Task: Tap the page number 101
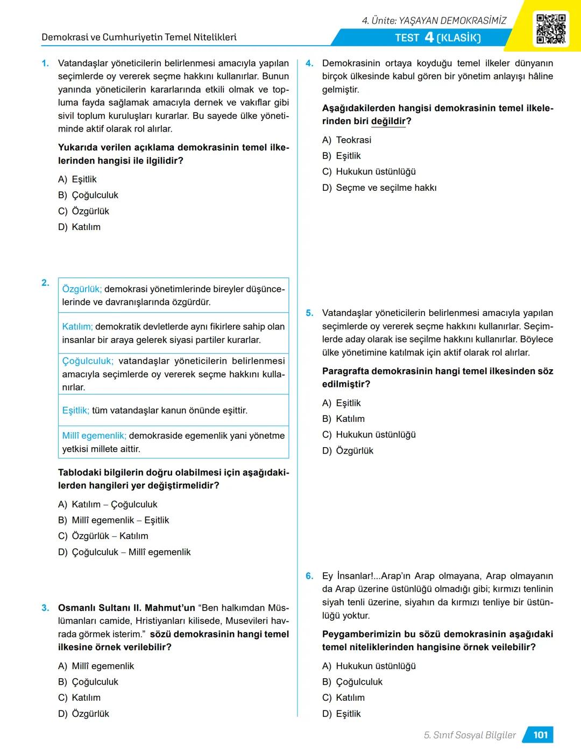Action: [x=540, y=735]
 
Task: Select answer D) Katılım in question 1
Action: [x=79, y=227]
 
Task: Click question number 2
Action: [x=45, y=283]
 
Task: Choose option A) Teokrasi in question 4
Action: [x=346, y=140]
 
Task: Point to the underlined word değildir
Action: [x=388, y=121]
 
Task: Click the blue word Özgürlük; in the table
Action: [x=82, y=289]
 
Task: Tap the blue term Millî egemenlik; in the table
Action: [x=94, y=436]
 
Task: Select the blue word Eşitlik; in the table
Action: [x=76, y=411]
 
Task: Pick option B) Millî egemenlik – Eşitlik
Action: [x=114, y=520]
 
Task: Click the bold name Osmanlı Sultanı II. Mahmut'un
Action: [x=126, y=608]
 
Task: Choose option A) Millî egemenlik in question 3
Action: [x=96, y=666]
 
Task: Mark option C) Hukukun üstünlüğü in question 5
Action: [x=369, y=435]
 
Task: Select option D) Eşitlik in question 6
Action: [x=342, y=714]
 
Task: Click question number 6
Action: [x=309, y=576]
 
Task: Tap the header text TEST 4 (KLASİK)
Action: [x=437, y=38]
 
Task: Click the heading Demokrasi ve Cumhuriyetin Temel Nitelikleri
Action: [x=139, y=38]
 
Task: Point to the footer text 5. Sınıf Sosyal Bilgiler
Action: [x=470, y=735]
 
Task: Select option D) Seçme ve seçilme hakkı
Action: [x=379, y=188]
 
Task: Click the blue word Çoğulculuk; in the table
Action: [x=88, y=361]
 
